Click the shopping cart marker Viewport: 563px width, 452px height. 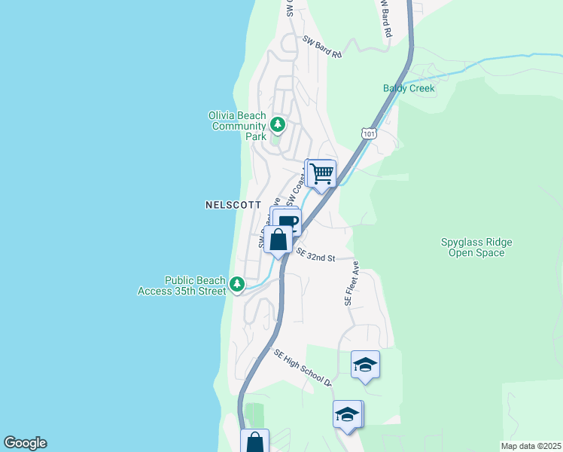pyautogui.click(x=321, y=174)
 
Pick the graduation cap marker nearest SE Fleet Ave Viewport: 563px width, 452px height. pyautogui.click(x=365, y=365)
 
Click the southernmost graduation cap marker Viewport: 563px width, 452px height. pyautogui.click(x=347, y=415)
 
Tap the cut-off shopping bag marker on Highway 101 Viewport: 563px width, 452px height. pyautogui.click(x=255, y=441)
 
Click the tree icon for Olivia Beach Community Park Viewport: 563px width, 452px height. pyautogui.click(x=278, y=124)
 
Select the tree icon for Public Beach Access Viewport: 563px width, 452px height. pyautogui.click(x=237, y=284)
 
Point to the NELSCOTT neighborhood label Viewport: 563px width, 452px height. pyautogui.click(x=233, y=205)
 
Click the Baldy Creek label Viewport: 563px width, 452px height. pyautogui.click(x=409, y=88)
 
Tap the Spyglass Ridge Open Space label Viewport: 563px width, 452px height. pyautogui.click(x=476, y=247)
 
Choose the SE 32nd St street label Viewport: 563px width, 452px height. pyautogui.click(x=315, y=256)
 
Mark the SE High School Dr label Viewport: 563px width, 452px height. pyautogui.click(x=303, y=368)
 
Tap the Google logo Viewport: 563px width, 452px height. pyautogui.click(x=25, y=443)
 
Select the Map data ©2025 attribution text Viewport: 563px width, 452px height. pyautogui.click(x=531, y=445)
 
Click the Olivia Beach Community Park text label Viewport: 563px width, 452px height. pyautogui.click(x=237, y=126)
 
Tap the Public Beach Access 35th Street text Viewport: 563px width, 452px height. pyautogui.click(x=181, y=286)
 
